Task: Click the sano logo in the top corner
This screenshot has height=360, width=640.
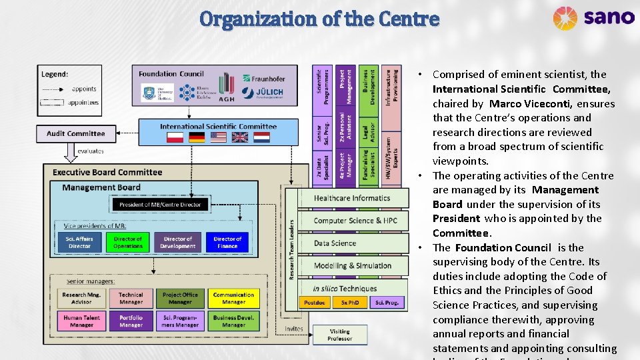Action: coord(593,17)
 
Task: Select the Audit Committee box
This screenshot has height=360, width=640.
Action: coord(75,133)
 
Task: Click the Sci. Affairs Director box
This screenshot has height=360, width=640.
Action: coord(79,242)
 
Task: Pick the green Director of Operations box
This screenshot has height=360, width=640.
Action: coord(127,242)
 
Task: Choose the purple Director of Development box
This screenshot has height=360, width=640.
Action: coord(178,242)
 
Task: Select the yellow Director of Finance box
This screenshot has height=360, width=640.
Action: coord(227,242)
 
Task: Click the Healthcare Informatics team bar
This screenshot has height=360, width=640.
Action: coord(351,198)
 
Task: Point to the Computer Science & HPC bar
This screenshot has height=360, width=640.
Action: coord(355,221)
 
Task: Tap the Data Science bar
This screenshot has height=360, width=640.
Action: coord(335,243)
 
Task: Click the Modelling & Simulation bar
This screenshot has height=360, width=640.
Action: coord(353,265)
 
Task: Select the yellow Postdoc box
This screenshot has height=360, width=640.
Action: coord(314,302)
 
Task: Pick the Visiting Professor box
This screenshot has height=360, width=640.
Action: coord(339,335)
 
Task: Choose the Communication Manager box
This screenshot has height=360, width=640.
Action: coord(233,298)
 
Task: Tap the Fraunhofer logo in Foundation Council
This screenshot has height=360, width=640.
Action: coord(263,79)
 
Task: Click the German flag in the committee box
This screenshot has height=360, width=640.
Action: coord(197,137)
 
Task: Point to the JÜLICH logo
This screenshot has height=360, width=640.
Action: coord(263,93)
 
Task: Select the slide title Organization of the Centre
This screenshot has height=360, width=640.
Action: coord(319,18)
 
